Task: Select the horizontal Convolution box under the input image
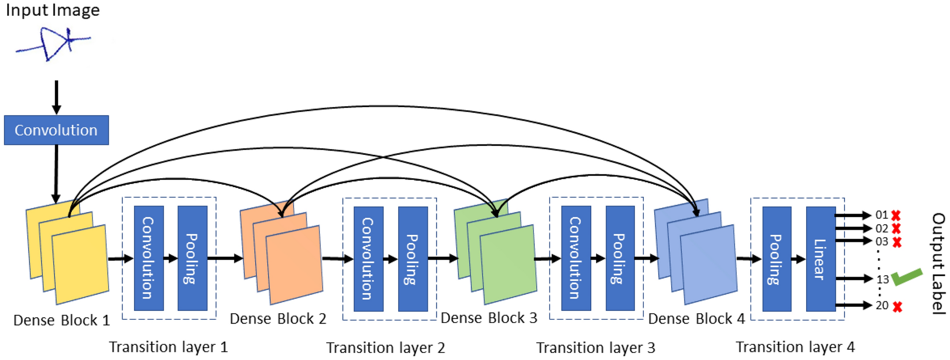coord(56,130)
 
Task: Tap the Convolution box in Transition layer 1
coord(149,258)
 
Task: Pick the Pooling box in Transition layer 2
coord(413,259)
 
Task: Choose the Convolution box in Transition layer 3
coord(576,258)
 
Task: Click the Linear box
coord(821,259)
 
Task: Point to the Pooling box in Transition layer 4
coord(777,259)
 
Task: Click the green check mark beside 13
coord(907,277)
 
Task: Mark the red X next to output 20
coord(897,306)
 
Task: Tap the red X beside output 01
coord(896,216)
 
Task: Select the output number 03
coord(882,242)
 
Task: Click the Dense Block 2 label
coord(278,319)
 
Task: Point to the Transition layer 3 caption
coord(595,348)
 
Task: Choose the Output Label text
coord(938,264)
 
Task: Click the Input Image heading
coord(53,10)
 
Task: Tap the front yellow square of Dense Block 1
coord(80,264)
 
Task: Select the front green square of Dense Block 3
coord(508,264)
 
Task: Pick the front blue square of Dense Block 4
coord(709,264)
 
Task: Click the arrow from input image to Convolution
coord(56,97)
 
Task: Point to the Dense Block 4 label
coord(696,319)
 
